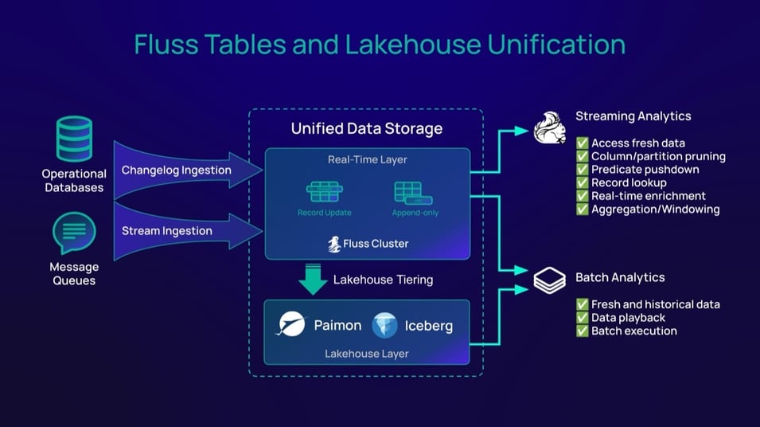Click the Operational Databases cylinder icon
[x=74, y=139]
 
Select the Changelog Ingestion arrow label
[x=176, y=170]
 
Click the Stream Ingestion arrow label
[x=166, y=231]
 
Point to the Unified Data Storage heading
[x=366, y=128]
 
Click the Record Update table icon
[x=324, y=193]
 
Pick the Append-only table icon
[x=414, y=193]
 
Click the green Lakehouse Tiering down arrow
[x=313, y=279]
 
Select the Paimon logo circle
[x=290, y=324]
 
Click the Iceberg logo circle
[x=384, y=325]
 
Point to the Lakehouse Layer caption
[x=366, y=352]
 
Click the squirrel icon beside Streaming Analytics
[x=549, y=127]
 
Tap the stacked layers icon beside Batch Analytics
[x=549, y=280]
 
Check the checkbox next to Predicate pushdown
[x=583, y=170]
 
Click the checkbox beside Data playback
[x=583, y=318]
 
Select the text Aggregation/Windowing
[x=655, y=210]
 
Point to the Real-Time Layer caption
[x=366, y=159]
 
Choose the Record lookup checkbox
[x=583, y=183]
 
